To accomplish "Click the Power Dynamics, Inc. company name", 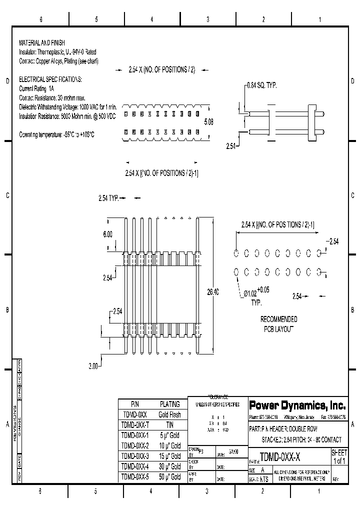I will click(297, 404).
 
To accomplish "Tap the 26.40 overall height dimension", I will click(212, 292).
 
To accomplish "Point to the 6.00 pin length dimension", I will click(107, 234).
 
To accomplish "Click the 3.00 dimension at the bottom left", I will click(93, 366).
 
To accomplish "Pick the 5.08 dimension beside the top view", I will click(208, 122).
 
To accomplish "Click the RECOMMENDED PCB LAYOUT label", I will click(278, 324).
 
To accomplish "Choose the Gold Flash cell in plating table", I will click(169, 414).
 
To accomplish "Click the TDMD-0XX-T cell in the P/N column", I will click(135, 425).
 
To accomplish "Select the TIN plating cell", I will click(169, 425).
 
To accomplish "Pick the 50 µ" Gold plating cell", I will click(169, 477).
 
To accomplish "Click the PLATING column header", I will click(169, 404).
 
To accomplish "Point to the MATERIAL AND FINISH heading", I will click(42, 43).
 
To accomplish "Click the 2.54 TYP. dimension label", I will click(108, 198).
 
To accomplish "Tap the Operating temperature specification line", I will click(56, 134).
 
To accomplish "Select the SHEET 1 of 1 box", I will click(338, 456).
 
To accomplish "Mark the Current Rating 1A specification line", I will click(36, 88).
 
